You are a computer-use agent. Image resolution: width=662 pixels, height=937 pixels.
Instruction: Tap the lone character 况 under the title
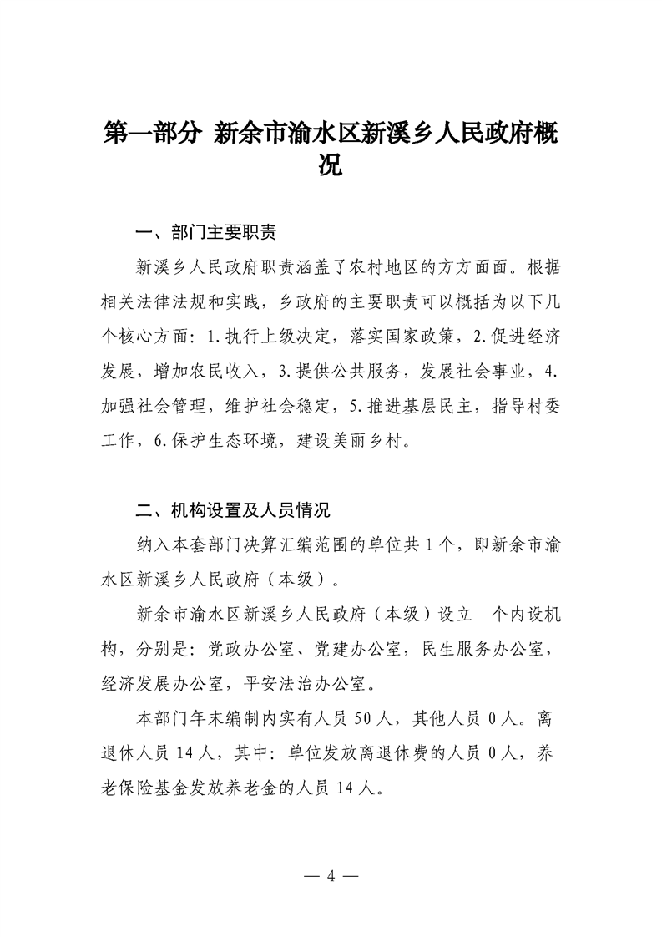(331, 167)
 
